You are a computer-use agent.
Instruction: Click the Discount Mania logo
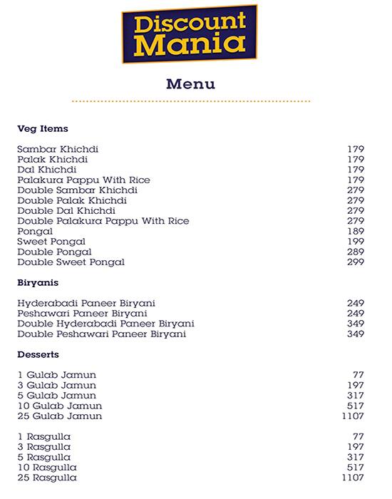[x=188, y=34]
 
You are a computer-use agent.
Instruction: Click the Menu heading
[x=190, y=84]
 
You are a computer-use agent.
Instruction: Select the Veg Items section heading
[x=43, y=129]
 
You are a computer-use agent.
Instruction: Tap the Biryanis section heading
[x=38, y=283]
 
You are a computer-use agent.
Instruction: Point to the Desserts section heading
[x=38, y=354]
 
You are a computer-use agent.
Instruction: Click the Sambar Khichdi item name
[x=58, y=149]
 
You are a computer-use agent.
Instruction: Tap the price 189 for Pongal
[x=355, y=232]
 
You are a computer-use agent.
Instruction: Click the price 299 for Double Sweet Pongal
[x=355, y=262]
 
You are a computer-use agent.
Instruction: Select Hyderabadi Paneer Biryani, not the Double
[x=86, y=303]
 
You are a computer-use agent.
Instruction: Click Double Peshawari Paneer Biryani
[x=101, y=334]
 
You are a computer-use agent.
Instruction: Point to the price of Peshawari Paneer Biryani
[x=355, y=313]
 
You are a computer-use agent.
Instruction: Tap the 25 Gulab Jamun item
[x=60, y=416]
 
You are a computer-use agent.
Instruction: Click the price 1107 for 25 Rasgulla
[x=352, y=477]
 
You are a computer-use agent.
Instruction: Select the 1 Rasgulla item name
[x=44, y=436]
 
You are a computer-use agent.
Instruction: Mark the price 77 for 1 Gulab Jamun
[x=359, y=374]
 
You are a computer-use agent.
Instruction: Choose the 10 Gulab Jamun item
[x=60, y=405]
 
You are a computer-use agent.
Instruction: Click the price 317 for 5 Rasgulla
[x=355, y=457]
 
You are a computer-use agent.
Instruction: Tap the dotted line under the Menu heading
[x=190, y=102]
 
